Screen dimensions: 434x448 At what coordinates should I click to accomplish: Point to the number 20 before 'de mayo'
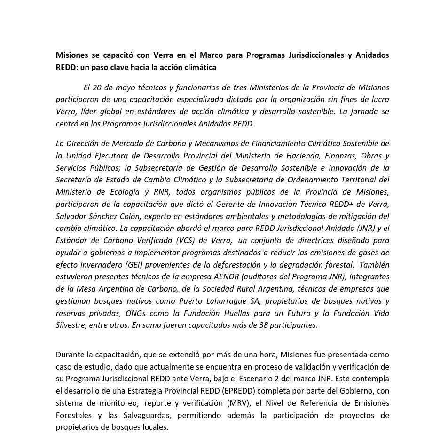coord(97,87)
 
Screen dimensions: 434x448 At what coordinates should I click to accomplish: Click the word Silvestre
coord(71,325)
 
